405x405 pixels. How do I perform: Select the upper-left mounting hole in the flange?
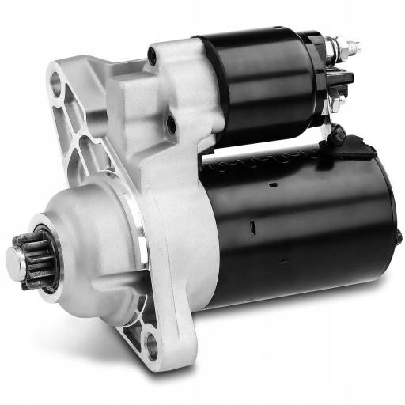56,81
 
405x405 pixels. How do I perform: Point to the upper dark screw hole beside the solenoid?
151,56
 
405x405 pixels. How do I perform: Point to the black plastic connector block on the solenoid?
343,78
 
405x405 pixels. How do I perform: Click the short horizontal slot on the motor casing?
271,184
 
